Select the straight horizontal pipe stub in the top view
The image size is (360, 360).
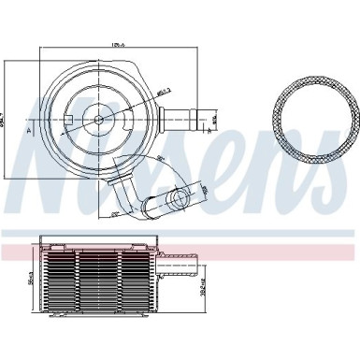click(x=179, y=119)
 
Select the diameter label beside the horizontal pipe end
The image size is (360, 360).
click(x=214, y=119)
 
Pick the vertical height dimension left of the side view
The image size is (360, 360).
click(x=31, y=278)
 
